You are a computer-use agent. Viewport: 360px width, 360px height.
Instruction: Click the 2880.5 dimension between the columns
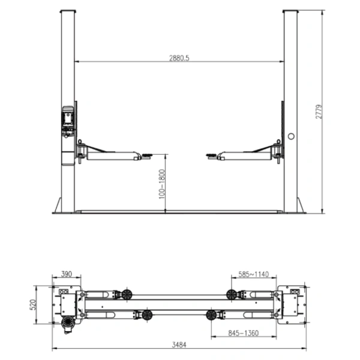[x=180, y=58]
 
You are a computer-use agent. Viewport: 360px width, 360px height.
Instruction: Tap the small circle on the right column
[x=291, y=136]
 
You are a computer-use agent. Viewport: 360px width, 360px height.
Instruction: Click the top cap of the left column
[x=68, y=11]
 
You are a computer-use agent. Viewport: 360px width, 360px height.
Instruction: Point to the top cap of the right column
[x=290, y=11]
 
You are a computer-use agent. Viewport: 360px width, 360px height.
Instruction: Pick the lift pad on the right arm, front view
[x=212, y=156]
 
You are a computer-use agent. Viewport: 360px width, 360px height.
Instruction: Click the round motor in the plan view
[x=68, y=322]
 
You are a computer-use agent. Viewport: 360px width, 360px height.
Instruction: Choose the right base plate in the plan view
[x=294, y=303]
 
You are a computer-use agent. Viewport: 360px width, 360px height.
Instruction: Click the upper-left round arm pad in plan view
[x=127, y=294]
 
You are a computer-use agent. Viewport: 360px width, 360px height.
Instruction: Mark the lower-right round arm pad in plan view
[x=211, y=314]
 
